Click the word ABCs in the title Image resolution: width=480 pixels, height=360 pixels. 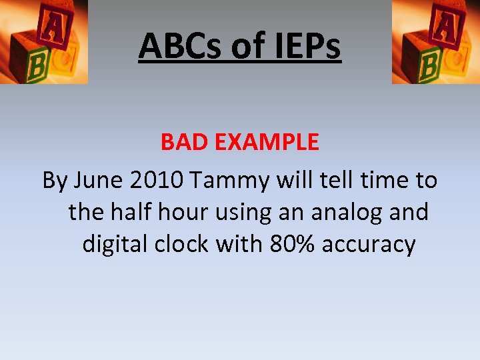tap(178, 46)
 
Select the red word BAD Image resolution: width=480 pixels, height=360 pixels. tap(182, 141)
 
